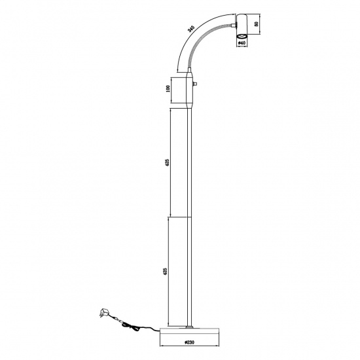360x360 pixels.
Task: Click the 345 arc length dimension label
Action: pos(190,29)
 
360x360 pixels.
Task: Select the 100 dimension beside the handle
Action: pos(168,88)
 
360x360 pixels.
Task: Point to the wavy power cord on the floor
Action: pos(134,325)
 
